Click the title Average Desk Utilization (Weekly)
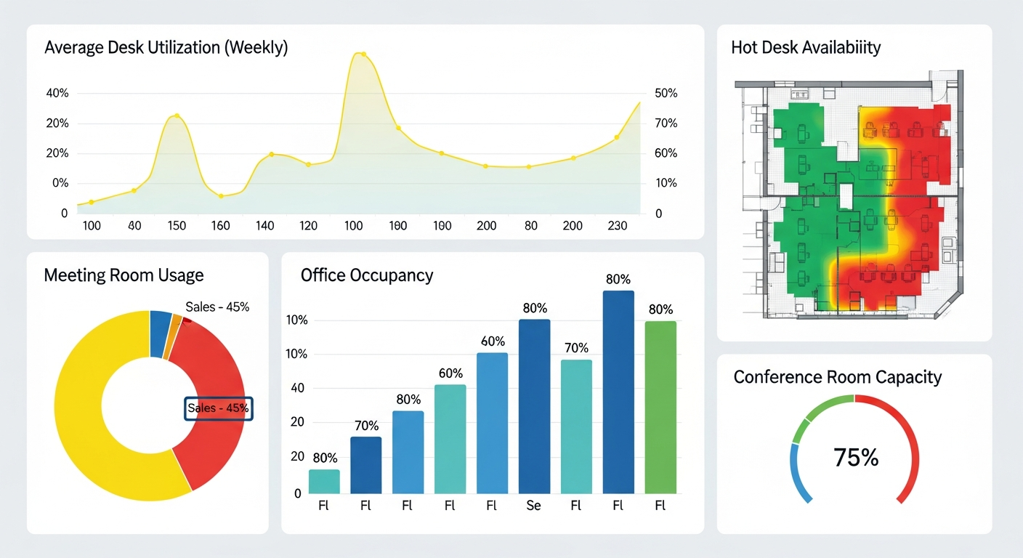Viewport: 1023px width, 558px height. (x=166, y=48)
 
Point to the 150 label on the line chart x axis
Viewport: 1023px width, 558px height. (x=177, y=226)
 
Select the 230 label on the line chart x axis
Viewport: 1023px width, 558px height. (x=617, y=226)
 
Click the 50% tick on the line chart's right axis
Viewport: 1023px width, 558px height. (x=666, y=94)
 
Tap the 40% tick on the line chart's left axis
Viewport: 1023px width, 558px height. (x=57, y=94)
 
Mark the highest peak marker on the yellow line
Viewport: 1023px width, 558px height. (x=363, y=54)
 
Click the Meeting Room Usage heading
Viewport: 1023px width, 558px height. (x=124, y=275)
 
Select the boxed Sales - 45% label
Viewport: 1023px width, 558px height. (x=218, y=408)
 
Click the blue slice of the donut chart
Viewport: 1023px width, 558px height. (x=159, y=333)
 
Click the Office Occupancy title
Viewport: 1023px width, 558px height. (x=366, y=275)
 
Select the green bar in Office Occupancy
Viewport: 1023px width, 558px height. (x=660, y=407)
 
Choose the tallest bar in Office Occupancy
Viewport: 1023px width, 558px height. (x=618, y=392)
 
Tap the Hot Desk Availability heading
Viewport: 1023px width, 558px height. (x=805, y=48)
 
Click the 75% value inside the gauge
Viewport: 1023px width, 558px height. (x=855, y=458)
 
